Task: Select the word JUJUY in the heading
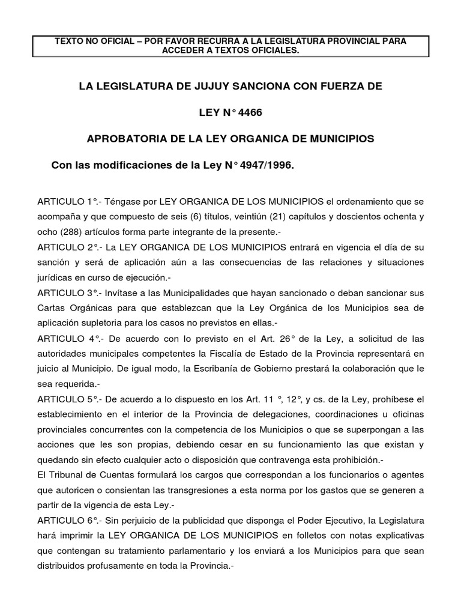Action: pos(194,86)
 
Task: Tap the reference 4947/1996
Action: pos(268,164)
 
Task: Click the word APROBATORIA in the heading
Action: pos(125,138)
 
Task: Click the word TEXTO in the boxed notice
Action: pos(68,41)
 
